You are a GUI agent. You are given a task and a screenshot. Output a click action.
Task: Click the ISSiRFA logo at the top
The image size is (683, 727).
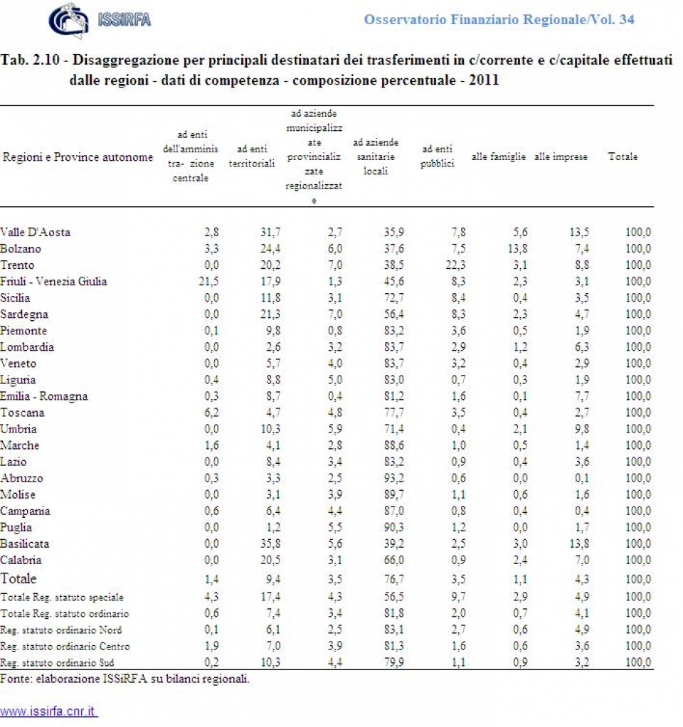100,19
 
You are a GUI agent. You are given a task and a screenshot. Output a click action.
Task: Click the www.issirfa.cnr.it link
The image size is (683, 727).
48,711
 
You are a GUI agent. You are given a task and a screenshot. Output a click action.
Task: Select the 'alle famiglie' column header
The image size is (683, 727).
498,157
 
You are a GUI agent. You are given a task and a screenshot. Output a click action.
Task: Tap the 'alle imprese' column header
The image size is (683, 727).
561,157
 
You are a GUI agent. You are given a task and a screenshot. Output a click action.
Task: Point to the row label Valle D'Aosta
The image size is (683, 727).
36,232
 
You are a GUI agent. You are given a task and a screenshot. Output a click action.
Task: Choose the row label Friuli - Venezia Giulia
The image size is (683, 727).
54,281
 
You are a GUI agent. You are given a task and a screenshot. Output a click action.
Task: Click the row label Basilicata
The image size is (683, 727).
25,543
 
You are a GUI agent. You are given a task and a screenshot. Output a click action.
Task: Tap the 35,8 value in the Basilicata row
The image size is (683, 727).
263,543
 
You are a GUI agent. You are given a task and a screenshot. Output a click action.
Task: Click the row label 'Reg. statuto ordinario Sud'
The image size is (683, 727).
60,663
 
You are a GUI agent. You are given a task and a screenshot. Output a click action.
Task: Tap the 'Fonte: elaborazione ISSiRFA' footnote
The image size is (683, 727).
125,679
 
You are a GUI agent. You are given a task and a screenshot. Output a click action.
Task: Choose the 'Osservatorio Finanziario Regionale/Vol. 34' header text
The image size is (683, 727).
499,19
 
